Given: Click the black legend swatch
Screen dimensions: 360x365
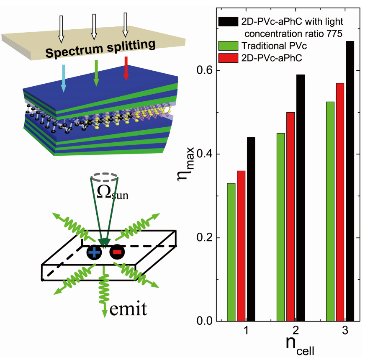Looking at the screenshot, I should pyautogui.click(x=227, y=21).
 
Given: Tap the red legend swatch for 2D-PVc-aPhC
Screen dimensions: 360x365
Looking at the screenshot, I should pyautogui.click(x=227, y=58).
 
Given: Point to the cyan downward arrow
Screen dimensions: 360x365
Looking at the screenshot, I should pyautogui.click(x=64, y=78).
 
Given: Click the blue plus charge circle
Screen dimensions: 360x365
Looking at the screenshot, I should pyautogui.click(x=94, y=253).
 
